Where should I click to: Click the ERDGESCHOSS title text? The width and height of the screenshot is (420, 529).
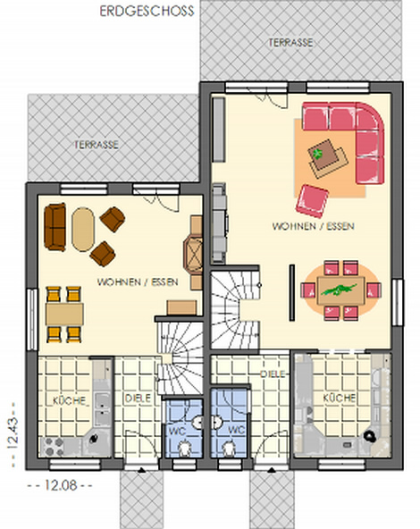[147, 11]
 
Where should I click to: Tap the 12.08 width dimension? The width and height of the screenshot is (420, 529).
[61, 485]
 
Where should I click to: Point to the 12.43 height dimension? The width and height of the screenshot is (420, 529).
[13, 433]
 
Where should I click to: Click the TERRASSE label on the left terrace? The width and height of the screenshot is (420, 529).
[97, 145]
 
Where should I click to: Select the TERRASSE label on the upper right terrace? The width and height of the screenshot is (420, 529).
[290, 43]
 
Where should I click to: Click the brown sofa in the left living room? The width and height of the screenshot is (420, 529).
[55, 227]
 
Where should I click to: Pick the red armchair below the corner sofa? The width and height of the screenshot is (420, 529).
[312, 201]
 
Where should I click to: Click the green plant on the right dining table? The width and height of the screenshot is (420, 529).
[339, 290]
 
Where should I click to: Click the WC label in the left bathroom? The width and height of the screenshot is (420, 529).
[177, 431]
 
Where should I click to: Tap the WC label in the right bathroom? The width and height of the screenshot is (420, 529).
[236, 430]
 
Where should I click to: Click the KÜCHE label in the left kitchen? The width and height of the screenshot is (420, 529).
[69, 401]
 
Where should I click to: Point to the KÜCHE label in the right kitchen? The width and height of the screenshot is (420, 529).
[339, 398]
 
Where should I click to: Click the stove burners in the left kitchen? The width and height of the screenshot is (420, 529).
[52, 447]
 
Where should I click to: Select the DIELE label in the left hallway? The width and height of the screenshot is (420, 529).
[138, 399]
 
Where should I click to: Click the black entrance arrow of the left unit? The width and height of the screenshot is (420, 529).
[142, 469]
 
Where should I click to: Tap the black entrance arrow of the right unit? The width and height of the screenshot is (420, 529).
[272, 469]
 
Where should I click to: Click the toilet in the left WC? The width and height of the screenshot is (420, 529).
[184, 448]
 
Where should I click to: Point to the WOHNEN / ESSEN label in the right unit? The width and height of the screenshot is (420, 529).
[313, 226]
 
